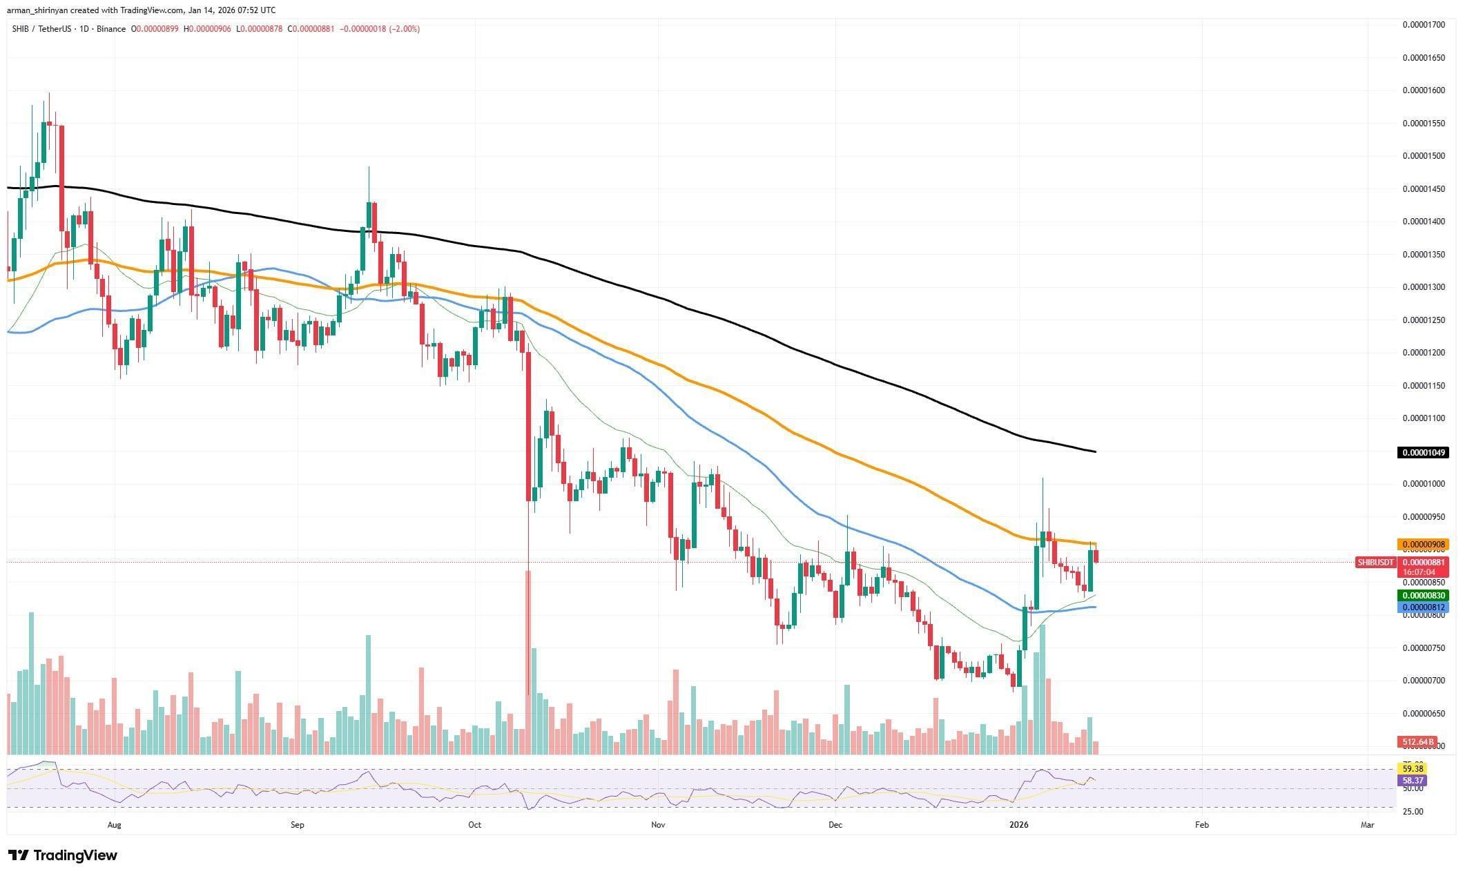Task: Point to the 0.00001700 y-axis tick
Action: [1423, 25]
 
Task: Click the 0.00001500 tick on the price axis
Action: [1423, 156]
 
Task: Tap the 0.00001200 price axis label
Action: [1423, 353]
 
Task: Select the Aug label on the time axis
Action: [115, 824]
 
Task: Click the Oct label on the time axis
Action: [474, 824]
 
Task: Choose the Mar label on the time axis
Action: [1367, 824]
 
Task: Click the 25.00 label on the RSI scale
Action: [1413, 811]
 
